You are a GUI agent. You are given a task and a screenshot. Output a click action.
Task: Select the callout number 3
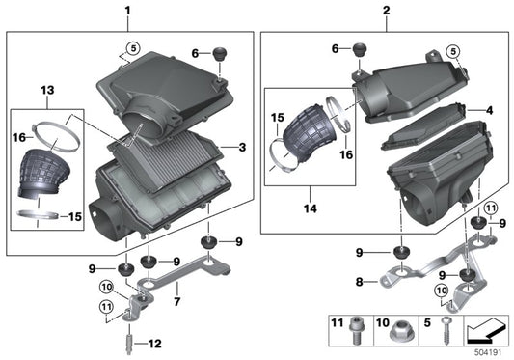242,147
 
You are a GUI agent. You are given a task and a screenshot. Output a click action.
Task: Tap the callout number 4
489,111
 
